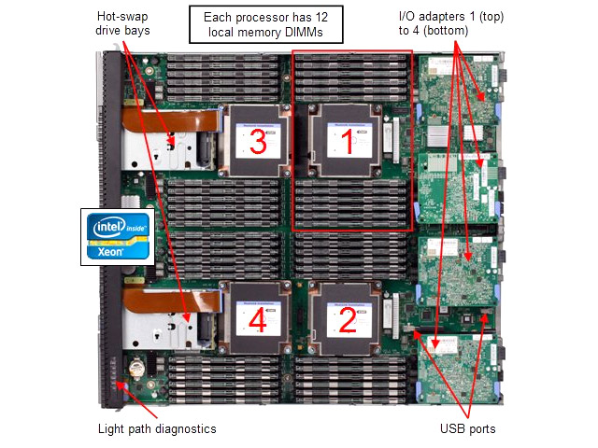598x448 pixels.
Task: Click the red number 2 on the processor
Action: coord(346,321)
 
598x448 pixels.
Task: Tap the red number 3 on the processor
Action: coord(259,145)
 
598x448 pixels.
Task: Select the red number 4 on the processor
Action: coord(259,321)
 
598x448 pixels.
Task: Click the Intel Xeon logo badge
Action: coord(118,236)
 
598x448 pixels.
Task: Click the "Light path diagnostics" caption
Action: coord(157,428)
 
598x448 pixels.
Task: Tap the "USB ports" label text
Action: coord(468,428)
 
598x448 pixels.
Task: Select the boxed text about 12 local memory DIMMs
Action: coord(265,25)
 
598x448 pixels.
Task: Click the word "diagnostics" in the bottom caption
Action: coord(184,428)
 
